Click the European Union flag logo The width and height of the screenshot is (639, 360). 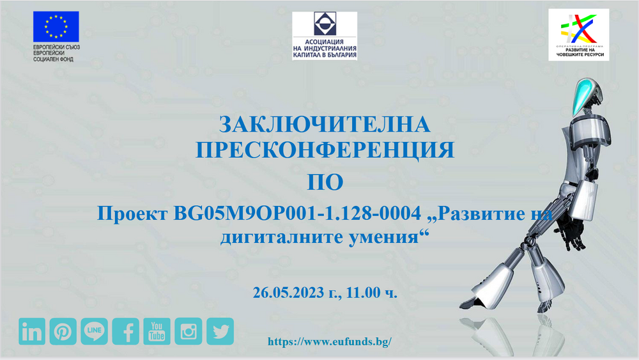[x=56, y=27]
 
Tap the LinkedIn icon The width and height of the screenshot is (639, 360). [x=31, y=331]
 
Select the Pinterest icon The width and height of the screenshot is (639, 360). [x=63, y=331]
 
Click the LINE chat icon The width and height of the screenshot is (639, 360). [x=94, y=331]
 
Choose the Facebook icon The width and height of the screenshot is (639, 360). [x=126, y=331]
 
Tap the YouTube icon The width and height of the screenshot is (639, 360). [x=157, y=331]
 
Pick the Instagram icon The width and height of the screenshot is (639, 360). [x=188, y=331]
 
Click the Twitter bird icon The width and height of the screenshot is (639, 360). [x=220, y=331]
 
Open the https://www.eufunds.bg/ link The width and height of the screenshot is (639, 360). [x=329, y=341]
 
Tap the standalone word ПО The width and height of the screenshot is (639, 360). [x=325, y=182]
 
